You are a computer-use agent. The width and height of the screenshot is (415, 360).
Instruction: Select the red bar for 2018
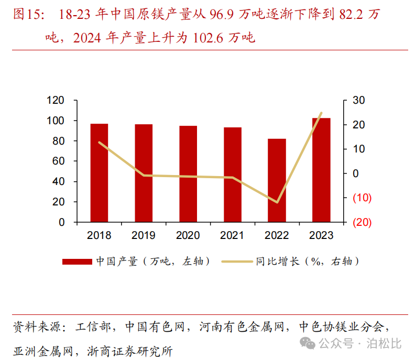(x=99, y=172)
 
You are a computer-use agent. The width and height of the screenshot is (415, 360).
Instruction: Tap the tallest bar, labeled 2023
(x=321, y=170)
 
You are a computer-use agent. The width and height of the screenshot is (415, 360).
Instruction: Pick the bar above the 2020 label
(x=188, y=173)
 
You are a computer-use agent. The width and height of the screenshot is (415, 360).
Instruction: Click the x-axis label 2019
(x=144, y=235)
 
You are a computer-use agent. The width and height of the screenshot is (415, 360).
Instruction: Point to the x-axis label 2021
(x=232, y=235)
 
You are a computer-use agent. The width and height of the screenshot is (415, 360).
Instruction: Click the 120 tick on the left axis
(x=55, y=101)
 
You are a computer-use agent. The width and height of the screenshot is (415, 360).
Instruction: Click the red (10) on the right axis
(x=362, y=198)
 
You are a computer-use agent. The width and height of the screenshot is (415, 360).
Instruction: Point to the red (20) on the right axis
(x=362, y=222)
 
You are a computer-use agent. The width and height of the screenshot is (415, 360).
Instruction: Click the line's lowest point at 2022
(x=277, y=202)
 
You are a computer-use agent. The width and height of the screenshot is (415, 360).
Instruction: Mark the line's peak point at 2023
(x=321, y=113)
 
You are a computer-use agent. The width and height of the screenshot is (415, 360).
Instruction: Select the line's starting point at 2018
(x=99, y=143)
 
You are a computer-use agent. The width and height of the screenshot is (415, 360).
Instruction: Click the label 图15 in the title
(x=26, y=15)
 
